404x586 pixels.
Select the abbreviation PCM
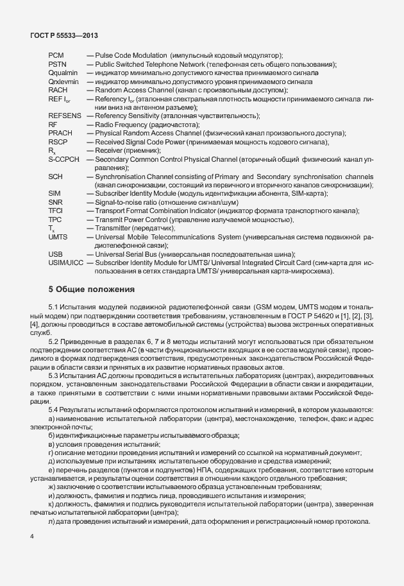(x=56, y=56)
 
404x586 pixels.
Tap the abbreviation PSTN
(x=58, y=65)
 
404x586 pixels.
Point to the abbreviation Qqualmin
(x=63, y=74)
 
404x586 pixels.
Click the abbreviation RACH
(x=58, y=90)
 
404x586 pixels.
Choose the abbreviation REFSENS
(x=65, y=116)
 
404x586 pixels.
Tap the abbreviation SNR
(x=56, y=202)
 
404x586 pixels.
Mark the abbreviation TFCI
(x=56, y=211)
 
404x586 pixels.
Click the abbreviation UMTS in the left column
(x=58, y=237)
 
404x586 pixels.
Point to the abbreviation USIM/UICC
(x=66, y=263)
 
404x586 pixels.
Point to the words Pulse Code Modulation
(x=125, y=56)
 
